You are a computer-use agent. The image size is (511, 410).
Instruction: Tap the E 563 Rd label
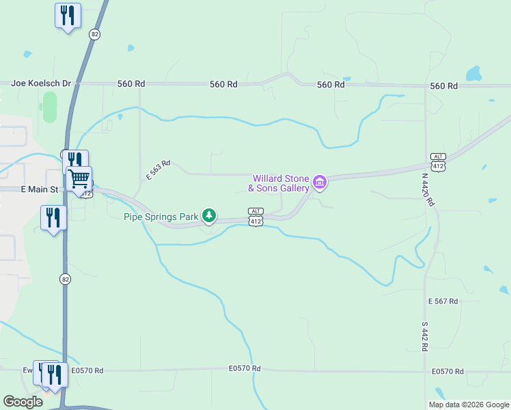[x=158, y=171]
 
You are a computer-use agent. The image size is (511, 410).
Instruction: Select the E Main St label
[x=23, y=189]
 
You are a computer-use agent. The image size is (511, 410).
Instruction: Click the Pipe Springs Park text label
[x=161, y=217]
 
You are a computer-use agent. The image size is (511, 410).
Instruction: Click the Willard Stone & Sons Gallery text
[x=278, y=183]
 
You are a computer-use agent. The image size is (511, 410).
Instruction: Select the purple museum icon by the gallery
[x=319, y=182]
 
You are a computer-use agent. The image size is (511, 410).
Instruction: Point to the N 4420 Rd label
[x=428, y=190]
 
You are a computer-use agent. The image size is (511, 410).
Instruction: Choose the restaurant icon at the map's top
[x=68, y=15]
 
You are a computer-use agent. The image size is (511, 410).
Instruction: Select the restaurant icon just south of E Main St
[x=53, y=217]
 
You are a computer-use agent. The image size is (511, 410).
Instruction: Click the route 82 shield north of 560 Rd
[x=94, y=33]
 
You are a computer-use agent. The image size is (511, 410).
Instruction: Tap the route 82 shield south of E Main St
[x=65, y=279]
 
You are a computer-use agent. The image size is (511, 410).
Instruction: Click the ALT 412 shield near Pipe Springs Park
[x=255, y=217]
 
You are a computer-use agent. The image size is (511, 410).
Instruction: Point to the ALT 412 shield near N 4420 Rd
[x=438, y=163]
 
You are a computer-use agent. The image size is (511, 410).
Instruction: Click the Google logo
[x=23, y=401]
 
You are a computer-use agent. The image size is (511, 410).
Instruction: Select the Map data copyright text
[x=469, y=405]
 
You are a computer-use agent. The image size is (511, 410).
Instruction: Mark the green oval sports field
[x=49, y=107]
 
